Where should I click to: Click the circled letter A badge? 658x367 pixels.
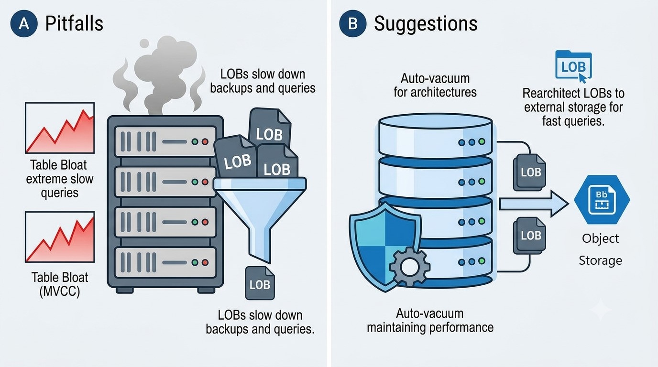point(24,23)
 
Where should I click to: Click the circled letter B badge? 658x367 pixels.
point(352,23)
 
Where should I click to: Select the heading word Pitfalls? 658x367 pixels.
point(74,23)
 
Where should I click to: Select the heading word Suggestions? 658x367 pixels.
point(426,24)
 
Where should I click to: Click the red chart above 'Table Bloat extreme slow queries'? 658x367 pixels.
point(60,128)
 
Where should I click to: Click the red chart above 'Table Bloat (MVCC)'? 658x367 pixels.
point(60,237)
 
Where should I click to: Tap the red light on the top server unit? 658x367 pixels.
point(205,142)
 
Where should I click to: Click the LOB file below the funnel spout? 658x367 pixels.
point(260,283)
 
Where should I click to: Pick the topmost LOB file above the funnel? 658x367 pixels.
point(270,128)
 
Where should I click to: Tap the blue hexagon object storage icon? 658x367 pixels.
point(602,200)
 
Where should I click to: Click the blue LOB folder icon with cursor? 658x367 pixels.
point(573,66)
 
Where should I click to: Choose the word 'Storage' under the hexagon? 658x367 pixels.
point(601,261)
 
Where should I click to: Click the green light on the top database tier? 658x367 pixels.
point(482,142)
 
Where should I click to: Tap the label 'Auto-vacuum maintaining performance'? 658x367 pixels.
point(430,320)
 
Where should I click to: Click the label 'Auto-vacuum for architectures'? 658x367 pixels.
point(435,85)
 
